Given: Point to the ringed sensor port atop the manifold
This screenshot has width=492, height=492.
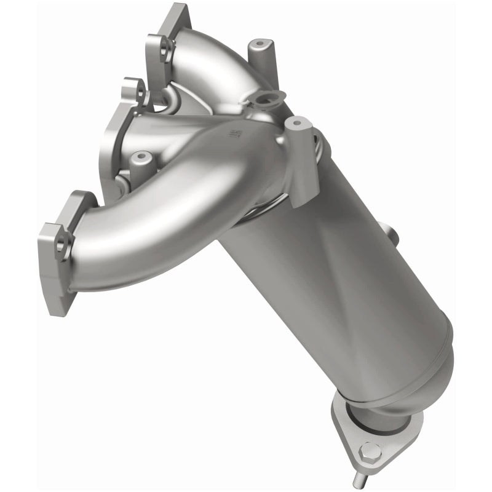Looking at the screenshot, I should (x=269, y=98).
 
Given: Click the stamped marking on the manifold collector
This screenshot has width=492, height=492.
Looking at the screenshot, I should (x=234, y=133).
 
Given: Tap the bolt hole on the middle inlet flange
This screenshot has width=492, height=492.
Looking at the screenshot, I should (x=141, y=93).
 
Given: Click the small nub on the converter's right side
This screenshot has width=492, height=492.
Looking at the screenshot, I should (x=388, y=231).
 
